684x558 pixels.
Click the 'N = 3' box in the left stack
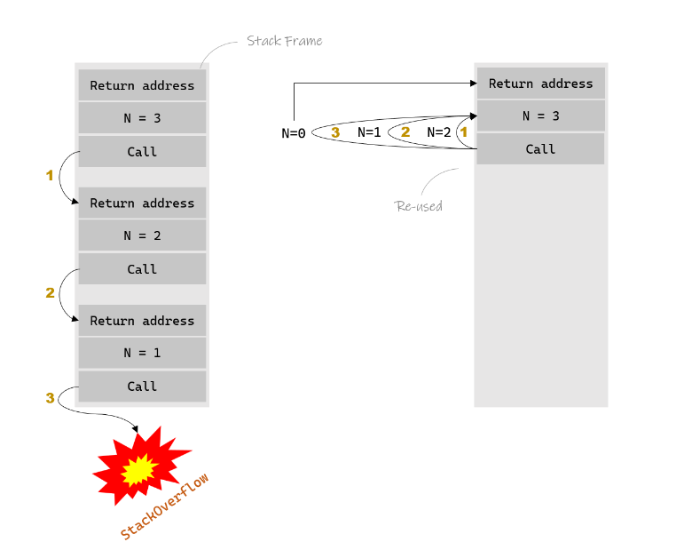pos(142,118)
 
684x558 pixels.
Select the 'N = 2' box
pos(142,235)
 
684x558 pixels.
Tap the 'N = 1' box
pos(142,353)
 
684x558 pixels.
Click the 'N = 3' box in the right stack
pos(541,116)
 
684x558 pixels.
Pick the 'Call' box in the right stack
pos(541,149)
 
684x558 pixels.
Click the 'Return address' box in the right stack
pos(541,83)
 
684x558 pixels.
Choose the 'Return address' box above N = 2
pos(142,203)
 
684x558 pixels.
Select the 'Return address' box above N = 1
pos(142,320)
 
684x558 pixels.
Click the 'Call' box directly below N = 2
pos(142,268)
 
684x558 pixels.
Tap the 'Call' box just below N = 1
pos(142,387)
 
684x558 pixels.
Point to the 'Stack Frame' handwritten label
pos(285,41)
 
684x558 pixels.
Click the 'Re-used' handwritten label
pos(419,206)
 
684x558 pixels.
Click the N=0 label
pos(294,133)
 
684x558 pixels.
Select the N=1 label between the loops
pos(369,132)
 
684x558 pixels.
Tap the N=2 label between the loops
pos(439,132)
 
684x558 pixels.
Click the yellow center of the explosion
pos(139,470)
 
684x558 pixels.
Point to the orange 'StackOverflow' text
pos(164,506)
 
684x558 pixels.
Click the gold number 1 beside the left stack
pos(50,175)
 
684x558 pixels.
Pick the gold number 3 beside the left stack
pos(51,398)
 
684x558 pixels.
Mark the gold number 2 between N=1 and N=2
pos(405,132)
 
